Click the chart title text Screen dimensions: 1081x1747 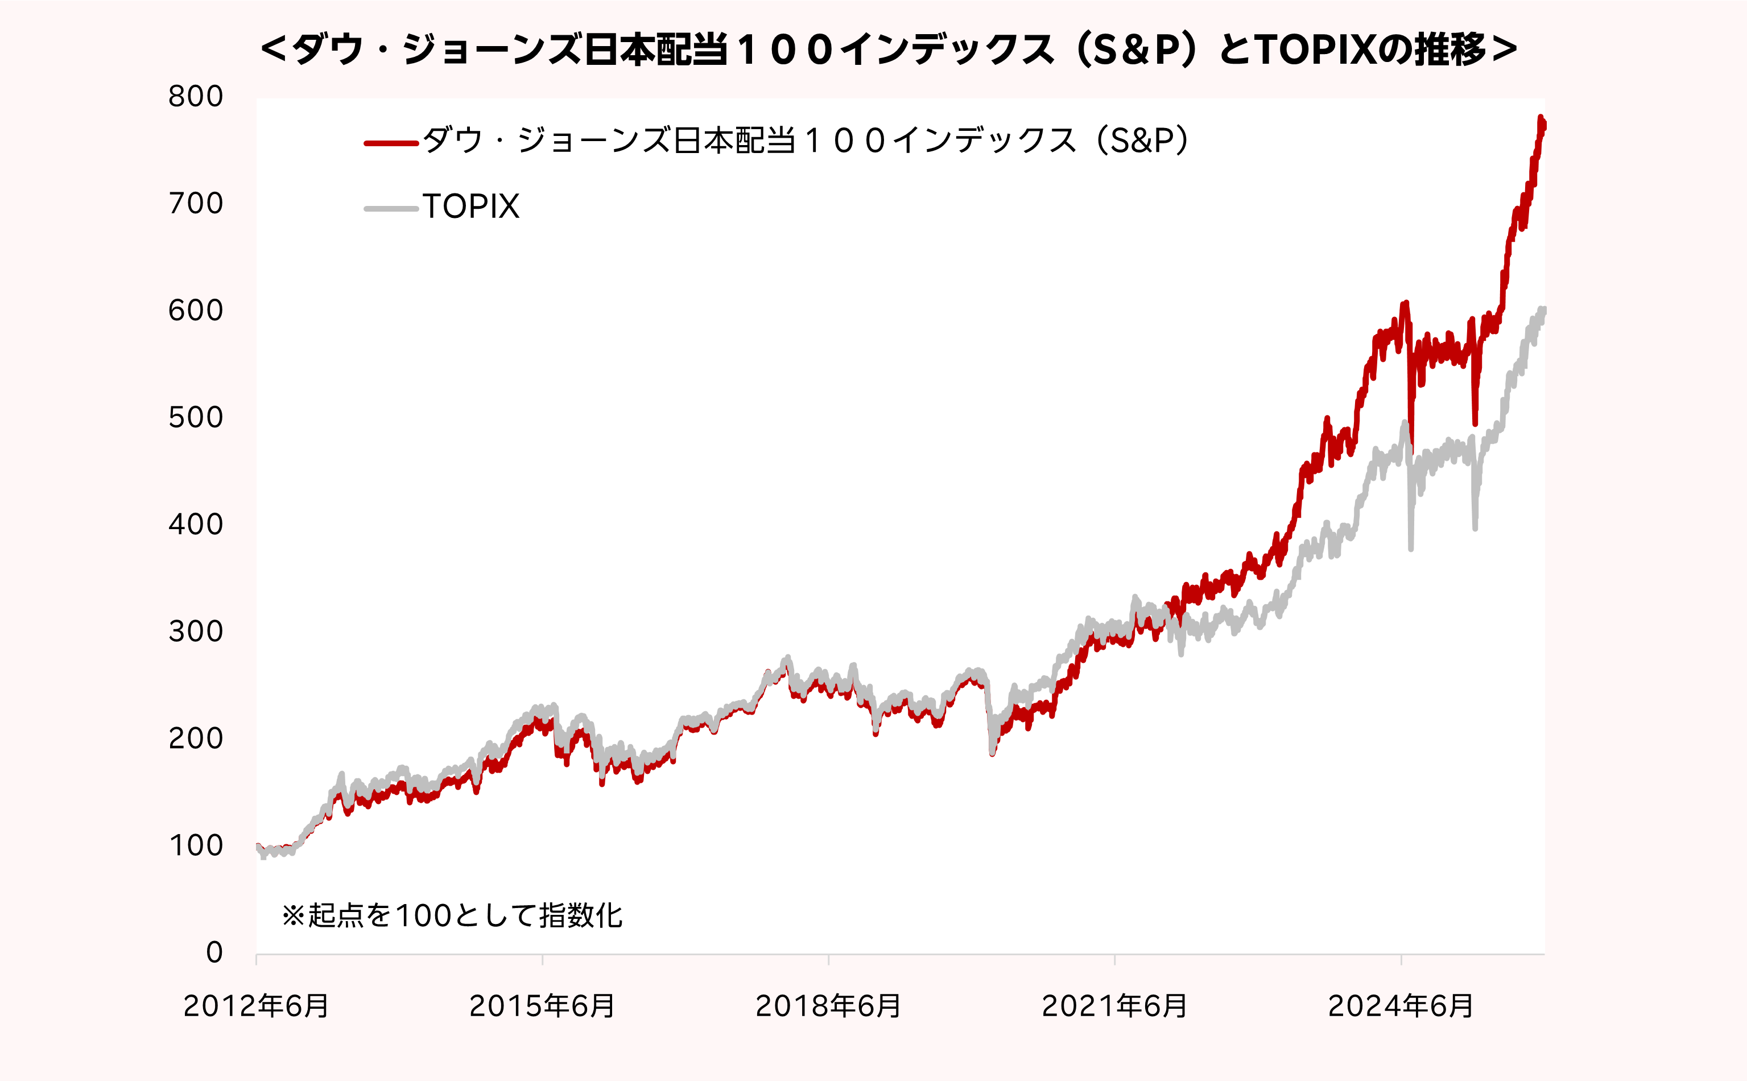pyautogui.click(x=888, y=50)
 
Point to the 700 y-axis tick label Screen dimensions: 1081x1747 pyautogui.click(x=196, y=204)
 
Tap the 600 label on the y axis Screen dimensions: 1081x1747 pyautogui.click(x=196, y=310)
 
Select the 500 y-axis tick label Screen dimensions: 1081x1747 pyautogui.click(x=196, y=418)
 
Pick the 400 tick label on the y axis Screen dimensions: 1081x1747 pyautogui.click(x=196, y=525)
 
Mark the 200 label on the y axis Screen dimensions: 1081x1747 pyautogui.click(x=196, y=738)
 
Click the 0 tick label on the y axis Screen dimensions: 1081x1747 pyautogui.click(x=214, y=952)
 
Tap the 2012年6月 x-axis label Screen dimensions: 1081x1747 pyautogui.click(x=256, y=1006)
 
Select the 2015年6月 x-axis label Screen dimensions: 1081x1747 pyautogui.click(x=542, y=1006)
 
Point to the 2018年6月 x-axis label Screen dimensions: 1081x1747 pyautogui.click(x=828, y=1006)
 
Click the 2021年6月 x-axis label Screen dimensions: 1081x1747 pyautogui.click(x=1114, y=1006)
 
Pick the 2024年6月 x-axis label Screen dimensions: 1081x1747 pyautogui.click(x=1401, y=1006)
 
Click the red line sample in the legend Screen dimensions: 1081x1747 pyautogui.click(x=391, y=143)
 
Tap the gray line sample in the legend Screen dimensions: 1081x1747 pyautogui.click(x=391, y=209)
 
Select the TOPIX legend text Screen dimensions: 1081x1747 pyautogui.click(x=471, y=207)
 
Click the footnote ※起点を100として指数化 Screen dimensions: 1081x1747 pyautogui.click(x=452, y=916)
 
